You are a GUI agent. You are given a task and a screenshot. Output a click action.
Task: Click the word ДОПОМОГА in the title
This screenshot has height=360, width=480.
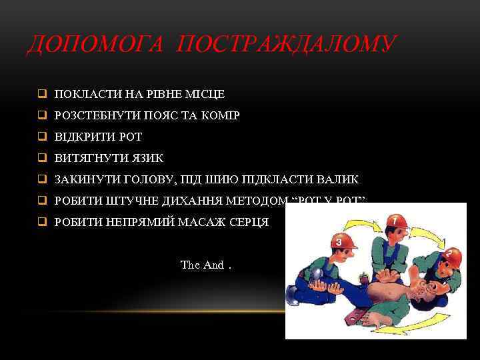point(93,44)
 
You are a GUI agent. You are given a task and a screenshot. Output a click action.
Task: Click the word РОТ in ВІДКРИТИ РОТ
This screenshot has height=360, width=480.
point(130,137)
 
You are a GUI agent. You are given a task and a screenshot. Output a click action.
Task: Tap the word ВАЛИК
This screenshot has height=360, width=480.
point(335,179)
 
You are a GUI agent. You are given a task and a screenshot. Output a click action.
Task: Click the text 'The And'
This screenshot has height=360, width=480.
point(203,265)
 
